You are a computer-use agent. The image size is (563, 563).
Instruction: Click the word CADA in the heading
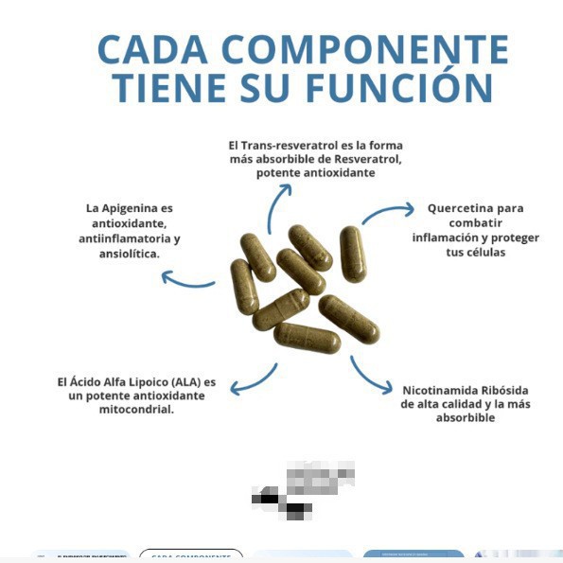(151, 49)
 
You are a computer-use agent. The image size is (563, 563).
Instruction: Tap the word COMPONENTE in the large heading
(365, 49)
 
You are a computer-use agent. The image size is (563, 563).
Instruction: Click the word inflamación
(446, 238)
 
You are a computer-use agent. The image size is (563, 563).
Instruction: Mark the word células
(485, 253)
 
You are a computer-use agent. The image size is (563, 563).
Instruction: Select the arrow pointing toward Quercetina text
(388, 213)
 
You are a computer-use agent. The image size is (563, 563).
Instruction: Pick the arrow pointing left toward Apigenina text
(186, 280)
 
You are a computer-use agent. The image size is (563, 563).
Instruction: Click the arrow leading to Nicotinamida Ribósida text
(370, 375)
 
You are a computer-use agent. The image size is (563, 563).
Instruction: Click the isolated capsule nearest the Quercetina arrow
(352, 253)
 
